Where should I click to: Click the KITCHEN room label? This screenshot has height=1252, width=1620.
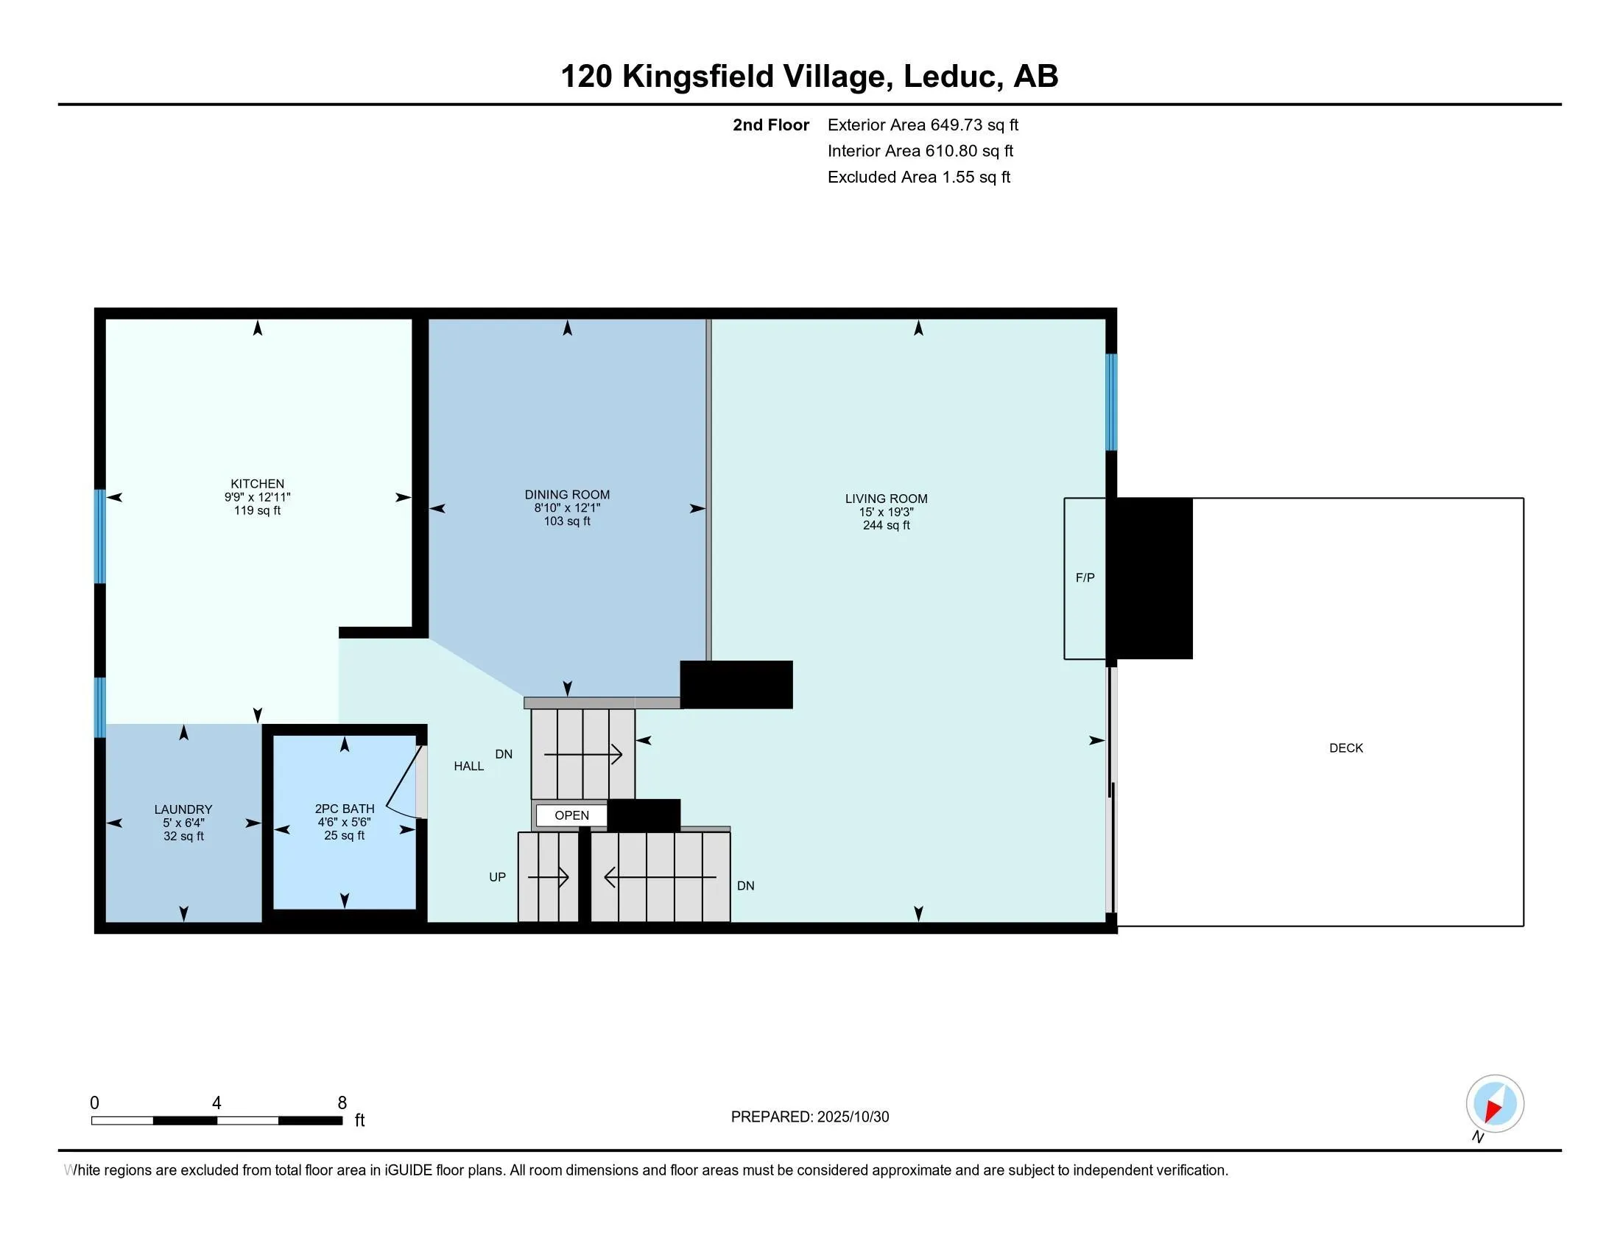[x=257, y=484]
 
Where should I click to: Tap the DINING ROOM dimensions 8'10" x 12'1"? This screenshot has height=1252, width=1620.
[x=567, y=508]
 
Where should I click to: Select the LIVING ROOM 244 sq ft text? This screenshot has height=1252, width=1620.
[x=886, y=525]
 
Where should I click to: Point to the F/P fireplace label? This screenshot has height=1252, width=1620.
[x=1085, y=578]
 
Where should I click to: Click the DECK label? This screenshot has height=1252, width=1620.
[x=1345, y=748]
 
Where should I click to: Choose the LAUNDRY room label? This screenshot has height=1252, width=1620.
[x=183, y=809]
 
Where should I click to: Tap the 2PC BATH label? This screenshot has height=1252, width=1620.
[x=344, y=809]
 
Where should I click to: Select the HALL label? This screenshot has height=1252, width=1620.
[x=469, y=766]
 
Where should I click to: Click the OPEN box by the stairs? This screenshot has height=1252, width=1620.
[x=571, y=815]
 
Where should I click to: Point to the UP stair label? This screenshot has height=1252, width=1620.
[x=497, y=877]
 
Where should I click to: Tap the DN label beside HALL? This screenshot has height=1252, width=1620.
[x=504, y=754]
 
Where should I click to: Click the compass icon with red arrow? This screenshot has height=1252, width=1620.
[x=1495, y=1103]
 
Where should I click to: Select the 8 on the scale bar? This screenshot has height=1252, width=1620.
[x=342, y=1103]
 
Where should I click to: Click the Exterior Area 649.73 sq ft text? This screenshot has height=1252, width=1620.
[x=923, y=125]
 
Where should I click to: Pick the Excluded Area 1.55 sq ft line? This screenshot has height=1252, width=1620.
[x=918, y=177]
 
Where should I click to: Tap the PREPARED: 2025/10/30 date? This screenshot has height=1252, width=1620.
[x=809, y=1117]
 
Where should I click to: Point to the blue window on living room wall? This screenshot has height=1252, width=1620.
[x=1110, y=402]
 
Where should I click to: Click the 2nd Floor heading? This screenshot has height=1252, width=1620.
[x=770, y=125]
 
